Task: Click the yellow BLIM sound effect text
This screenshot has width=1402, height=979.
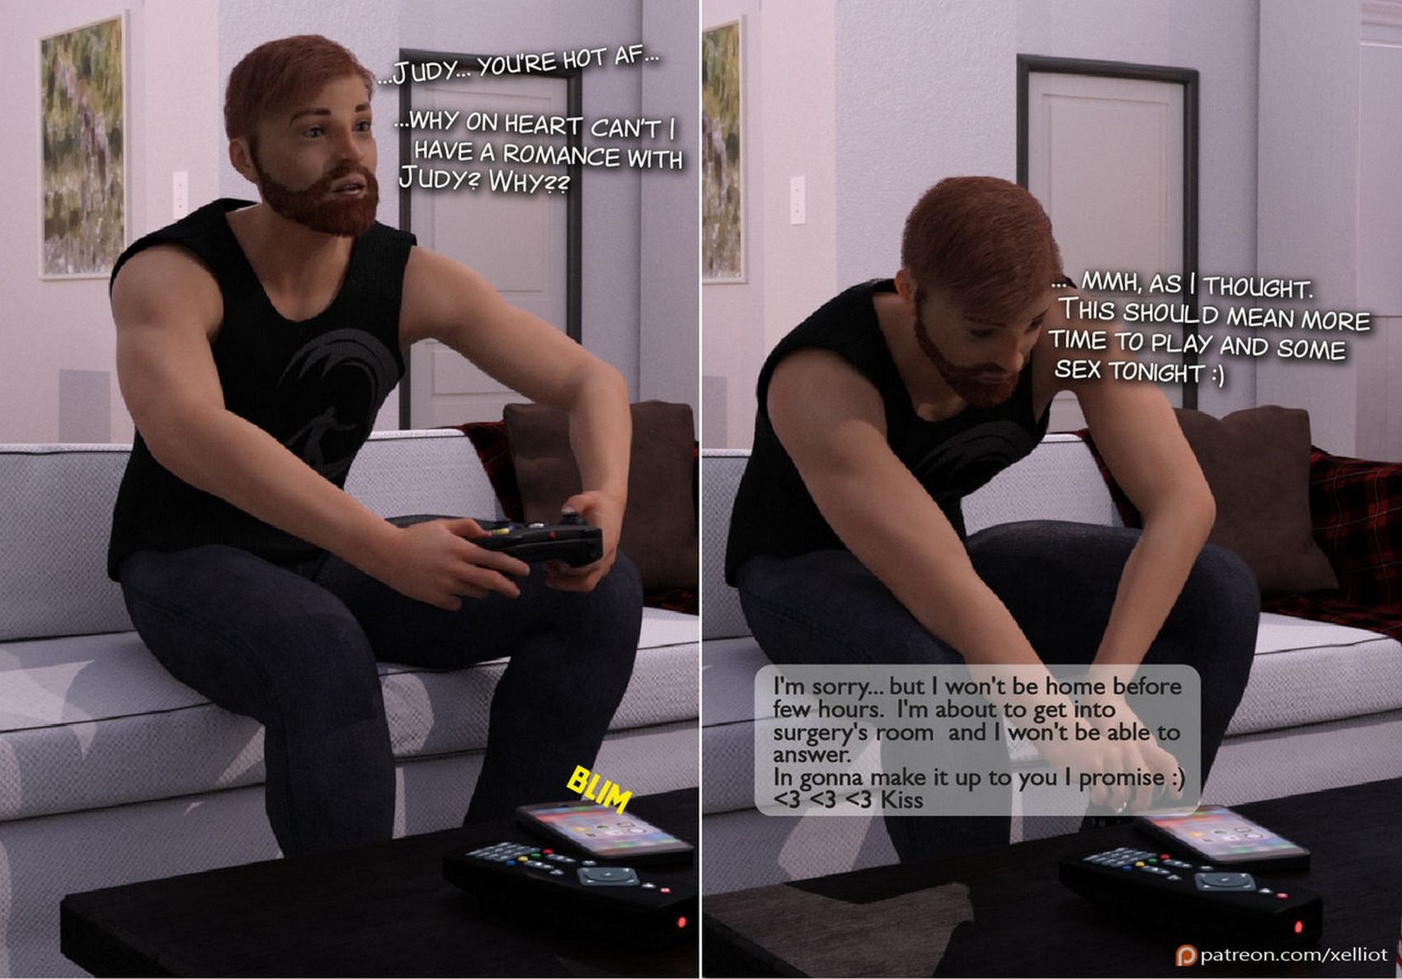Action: click(599, 788)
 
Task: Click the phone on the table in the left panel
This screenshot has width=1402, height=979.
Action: click(605, 830)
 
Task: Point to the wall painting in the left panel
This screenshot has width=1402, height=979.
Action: click(82, 147)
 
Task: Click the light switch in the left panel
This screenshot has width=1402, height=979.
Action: click(181, 194)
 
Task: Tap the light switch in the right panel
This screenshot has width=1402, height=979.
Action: click(797, 200)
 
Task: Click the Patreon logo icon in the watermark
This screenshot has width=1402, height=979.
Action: click(1186, 955)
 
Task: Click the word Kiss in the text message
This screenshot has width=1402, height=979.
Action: click(900, 800)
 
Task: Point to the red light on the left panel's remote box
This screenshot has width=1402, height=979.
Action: click(681, 922)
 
